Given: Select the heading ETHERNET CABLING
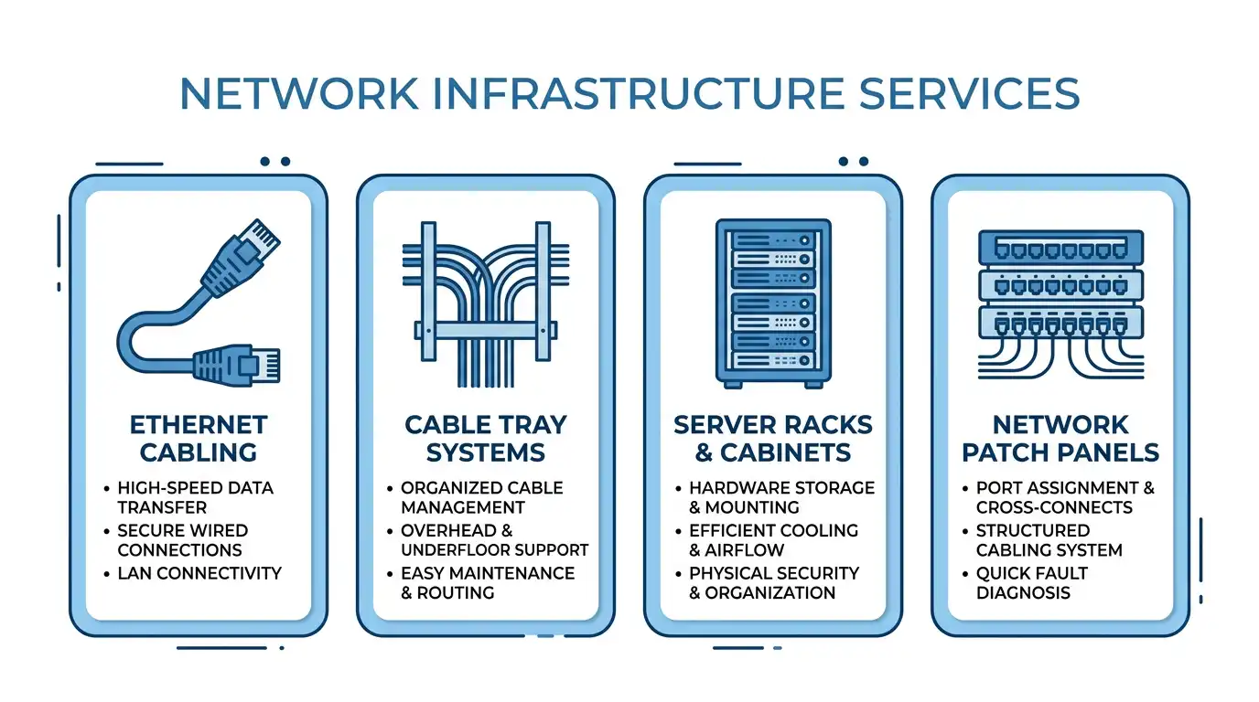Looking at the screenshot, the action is click(199, 439).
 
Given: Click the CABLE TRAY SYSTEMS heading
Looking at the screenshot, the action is click(486, 439).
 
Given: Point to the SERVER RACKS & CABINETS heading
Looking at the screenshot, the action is click(773, 439).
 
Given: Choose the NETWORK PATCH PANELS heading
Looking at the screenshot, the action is click(1060, 439).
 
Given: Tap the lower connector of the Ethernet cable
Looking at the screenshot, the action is click(237, 365).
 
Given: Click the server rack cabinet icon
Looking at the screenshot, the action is click(773, 303).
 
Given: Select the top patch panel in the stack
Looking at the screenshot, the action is click(1060, 247).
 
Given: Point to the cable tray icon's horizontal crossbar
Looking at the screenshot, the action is click(486, 330).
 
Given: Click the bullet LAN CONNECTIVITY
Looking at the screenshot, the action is click(199, 573).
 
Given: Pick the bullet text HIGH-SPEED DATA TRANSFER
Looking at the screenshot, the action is click(195, 497).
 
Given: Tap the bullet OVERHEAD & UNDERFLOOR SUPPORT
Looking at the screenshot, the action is click(494, 540).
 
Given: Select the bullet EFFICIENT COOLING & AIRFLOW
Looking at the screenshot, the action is click(773, 540).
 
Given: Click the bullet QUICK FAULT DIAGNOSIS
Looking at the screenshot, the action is click(1032, 583).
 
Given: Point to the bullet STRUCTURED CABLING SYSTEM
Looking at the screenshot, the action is click(1049, 540).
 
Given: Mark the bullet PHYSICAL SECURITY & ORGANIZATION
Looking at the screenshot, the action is click(774, 583).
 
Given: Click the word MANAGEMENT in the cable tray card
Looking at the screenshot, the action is click(463, 507).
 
